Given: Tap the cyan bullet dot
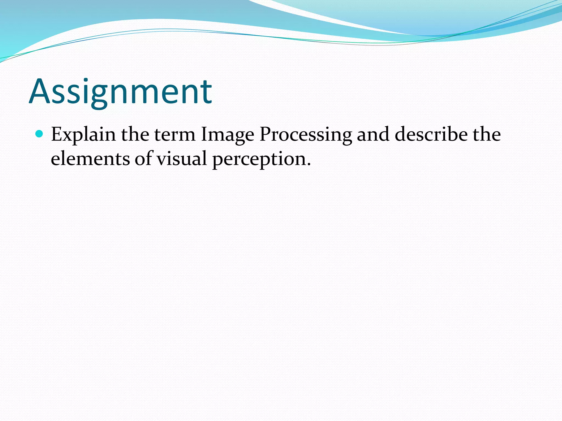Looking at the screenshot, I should click(x=40, y=134).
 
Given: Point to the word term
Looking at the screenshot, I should click(x=175, y=135).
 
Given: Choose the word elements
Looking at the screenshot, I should click(x=90, y=159).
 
